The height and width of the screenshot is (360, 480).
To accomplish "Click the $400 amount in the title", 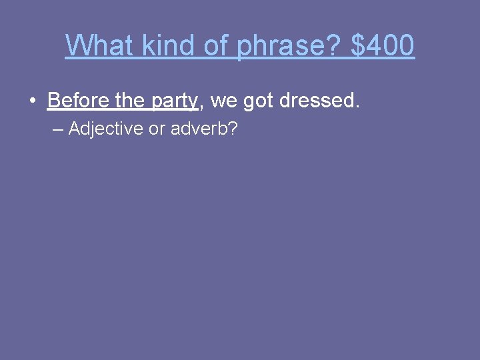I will tap(383, 46).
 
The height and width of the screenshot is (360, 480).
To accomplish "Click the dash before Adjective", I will tap(57, 129).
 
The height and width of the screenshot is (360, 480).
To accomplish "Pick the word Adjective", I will tap(105, 129).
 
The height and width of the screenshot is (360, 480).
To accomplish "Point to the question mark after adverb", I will tap(233, 129).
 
